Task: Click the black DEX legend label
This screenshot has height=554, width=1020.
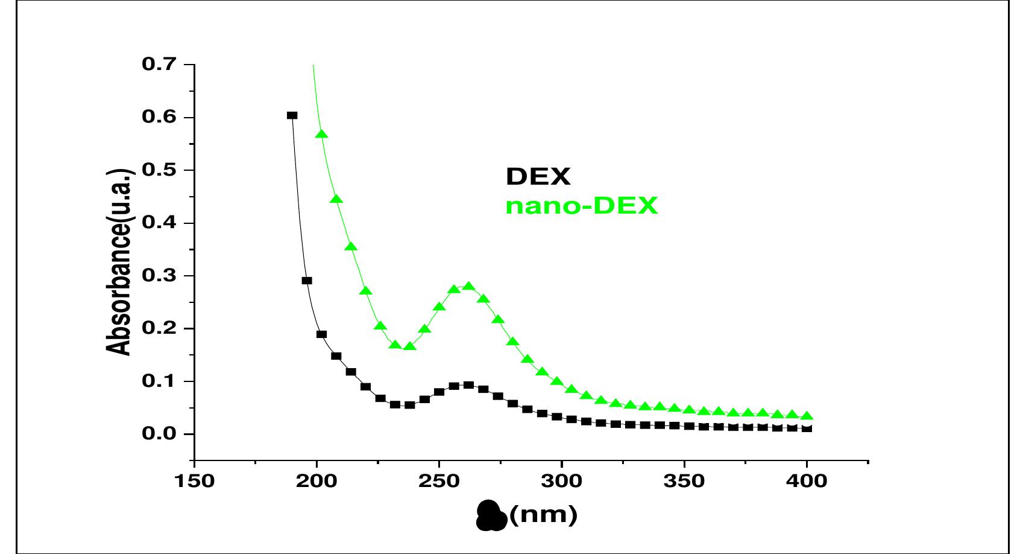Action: click(x=538, y=177)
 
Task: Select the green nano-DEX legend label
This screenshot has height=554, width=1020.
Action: click(x=581, y=206)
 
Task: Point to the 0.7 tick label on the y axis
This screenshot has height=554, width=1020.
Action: click(x=159, y=64)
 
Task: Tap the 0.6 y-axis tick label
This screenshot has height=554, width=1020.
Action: click(x=159, y=117)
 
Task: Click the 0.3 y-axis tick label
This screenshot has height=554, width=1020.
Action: click(x=159, y=276)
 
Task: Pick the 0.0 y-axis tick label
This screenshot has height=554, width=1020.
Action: click(x=159, y=434)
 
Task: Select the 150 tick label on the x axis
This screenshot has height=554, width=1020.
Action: click(x=194, y=482)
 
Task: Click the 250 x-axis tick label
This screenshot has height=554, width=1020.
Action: click(x=439, y=482)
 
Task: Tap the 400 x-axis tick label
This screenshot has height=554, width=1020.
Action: click(x=807, y=482)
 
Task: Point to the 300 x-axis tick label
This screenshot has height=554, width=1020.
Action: click(x=562, y=482)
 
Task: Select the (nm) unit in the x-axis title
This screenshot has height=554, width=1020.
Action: click(x=543, y=515)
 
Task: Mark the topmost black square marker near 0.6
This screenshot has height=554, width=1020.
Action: click(x=292, y=115)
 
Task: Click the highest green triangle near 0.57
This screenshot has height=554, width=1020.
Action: click(x=321, y=134)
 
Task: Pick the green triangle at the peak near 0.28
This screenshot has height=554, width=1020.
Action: click(x=468, y=286)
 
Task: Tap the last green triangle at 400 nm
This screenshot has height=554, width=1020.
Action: click(x=807, y=416)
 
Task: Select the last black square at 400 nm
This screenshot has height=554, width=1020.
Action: click(x=807, y=428)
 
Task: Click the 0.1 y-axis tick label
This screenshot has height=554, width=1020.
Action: click(x=159, y=381)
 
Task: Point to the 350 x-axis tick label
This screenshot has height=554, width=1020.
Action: click(x=685, y=482)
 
